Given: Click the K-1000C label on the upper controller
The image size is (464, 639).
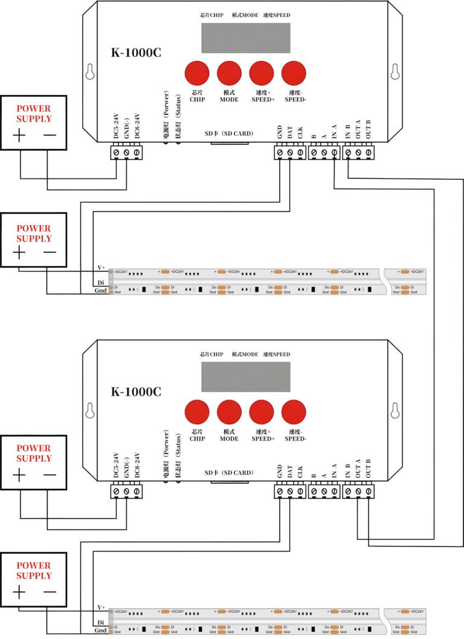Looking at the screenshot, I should point(135,53).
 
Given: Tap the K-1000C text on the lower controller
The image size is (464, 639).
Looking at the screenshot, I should point(135,392).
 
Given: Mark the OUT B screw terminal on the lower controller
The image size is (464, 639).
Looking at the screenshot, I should point(368,493).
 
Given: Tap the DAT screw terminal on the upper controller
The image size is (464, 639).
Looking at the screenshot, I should point(290,154).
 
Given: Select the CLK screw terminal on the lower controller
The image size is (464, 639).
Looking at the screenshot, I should point(300,493).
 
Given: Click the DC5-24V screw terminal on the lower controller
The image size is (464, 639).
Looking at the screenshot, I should point(116,493).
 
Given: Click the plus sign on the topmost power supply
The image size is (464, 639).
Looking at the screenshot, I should point(19,135).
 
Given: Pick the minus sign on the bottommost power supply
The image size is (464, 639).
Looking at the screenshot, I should point(50,591).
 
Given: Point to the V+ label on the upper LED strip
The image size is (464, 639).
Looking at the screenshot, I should point(101,267).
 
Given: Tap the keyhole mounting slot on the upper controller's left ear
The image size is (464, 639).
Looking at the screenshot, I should point(89,71).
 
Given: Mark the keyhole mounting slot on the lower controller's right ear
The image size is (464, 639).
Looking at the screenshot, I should point(395,411).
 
